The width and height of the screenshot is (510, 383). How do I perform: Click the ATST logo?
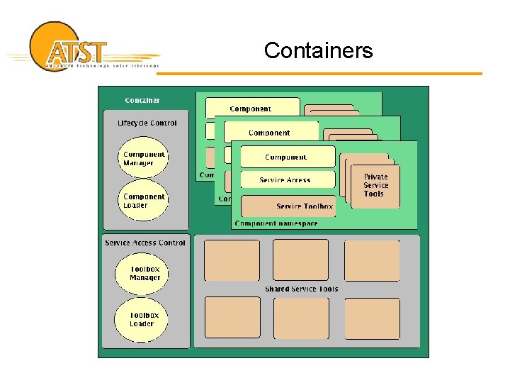(x=78, y=48)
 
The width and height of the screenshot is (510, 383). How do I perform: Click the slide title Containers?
(x=318, y=50)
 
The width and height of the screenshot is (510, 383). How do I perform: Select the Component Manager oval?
(x=143, y=159)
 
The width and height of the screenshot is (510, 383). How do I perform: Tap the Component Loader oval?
(x=143, y=201)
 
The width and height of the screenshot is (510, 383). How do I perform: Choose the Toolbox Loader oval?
(x=144, y=319)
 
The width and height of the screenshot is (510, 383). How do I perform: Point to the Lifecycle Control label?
(x=147, y=123)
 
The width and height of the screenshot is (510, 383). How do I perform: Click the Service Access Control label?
(x=144, y=243)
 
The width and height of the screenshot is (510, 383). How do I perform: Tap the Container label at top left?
(x=142, y=101)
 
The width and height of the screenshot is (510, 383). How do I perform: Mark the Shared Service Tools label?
(x=301, y=289)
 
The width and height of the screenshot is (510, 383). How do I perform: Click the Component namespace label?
(x=276, y=223)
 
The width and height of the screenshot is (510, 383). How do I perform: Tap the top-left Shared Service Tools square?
(x=232, y=260)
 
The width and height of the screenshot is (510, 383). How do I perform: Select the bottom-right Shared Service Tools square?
(x=372, y=318)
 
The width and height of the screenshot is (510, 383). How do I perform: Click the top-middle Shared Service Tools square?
(x=300, y=260)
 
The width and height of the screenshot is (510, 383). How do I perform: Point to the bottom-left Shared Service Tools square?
(x=232, y=318)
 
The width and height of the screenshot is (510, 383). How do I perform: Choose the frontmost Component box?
(x=287, y=157)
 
